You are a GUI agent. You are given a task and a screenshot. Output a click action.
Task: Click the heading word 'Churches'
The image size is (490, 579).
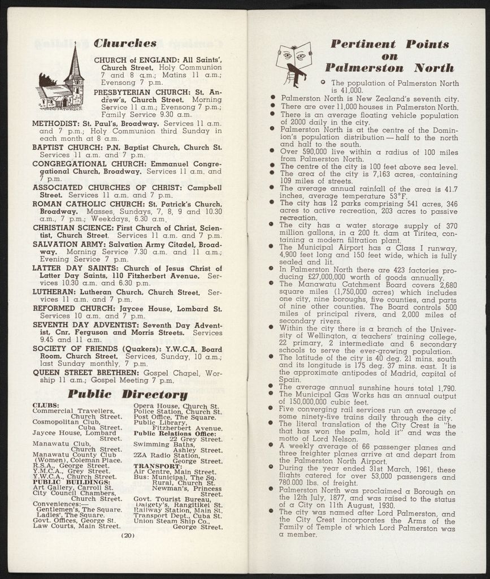(124, 44)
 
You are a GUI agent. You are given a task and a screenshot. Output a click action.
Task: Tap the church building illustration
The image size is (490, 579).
(60, 83)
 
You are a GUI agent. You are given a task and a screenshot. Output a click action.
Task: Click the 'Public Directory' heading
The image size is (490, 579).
(128, 394)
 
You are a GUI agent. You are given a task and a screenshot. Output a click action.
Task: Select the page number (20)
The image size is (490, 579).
(127, 534)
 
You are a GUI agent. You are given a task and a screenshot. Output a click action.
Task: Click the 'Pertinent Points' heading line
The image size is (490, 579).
(389, 44)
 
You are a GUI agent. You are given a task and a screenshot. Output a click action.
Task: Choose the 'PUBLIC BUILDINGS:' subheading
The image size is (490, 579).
(63, 482)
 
